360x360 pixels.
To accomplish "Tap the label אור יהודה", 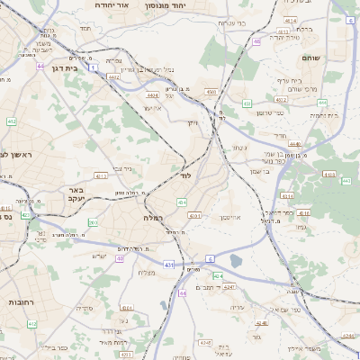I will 137,5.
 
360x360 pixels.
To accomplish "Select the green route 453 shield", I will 247,103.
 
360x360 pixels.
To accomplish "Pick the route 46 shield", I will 257,41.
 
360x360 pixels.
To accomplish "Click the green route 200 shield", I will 94,221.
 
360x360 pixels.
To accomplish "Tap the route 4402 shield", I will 114,78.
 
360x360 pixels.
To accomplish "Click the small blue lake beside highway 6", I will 236,261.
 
